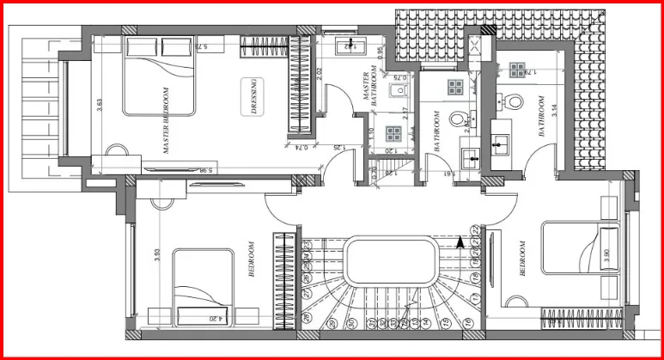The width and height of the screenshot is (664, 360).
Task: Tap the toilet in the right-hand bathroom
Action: click(515, 100)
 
